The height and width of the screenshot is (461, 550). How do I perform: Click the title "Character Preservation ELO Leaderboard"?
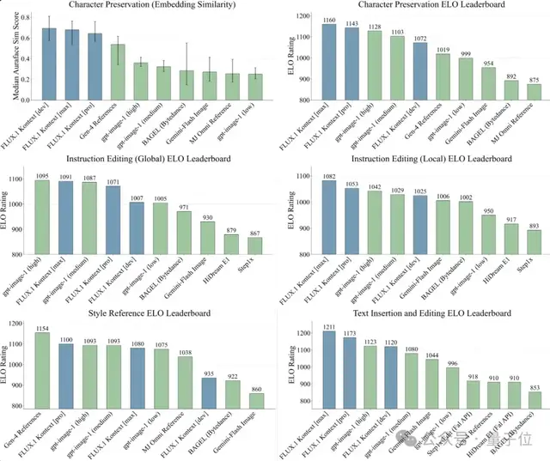click(x=412, y=7)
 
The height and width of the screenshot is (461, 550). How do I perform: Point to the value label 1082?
click(x=328, y=174)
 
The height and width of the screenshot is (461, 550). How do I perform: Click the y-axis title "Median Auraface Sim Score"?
click(x=13, y=60)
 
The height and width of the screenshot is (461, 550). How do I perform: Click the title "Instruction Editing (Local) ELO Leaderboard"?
click(x=412, y=158)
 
